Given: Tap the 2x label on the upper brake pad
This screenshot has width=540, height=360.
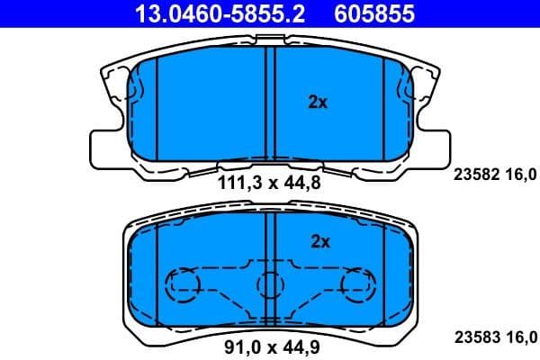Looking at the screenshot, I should [x=317, y=103].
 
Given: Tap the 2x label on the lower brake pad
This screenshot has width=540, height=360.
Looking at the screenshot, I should [x=320, y=241].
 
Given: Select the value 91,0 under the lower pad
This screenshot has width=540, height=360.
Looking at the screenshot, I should [x=239, y=343].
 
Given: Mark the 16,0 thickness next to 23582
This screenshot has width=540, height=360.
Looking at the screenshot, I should [x=522, y=175].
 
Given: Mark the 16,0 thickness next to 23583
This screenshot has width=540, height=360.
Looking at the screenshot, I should [x=522, y=337].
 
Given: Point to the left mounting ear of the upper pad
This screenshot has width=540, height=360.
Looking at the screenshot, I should [x=104, y=144].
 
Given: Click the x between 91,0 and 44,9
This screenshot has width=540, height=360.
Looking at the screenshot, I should [x=271, y=343].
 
